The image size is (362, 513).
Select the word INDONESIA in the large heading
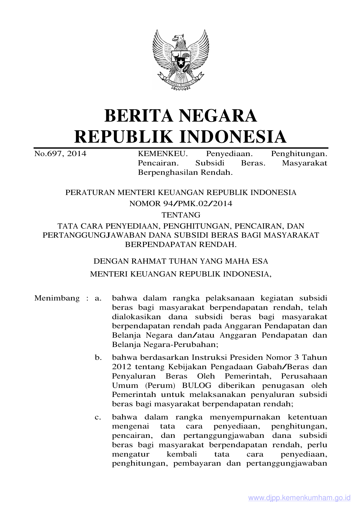click(x=233, y=137)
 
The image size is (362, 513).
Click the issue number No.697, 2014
click(x=60, y=154)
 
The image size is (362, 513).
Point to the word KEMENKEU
click(x=162, y=154)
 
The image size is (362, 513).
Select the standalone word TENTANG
click(x=181, y=215)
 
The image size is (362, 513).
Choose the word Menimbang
click(x=57, y=298)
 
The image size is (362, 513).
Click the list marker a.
click(x=98, y=298)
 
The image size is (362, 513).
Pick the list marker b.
click(x=98, y=357)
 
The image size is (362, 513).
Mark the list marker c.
click(x=98, y=417)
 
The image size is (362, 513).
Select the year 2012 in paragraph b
click(x=121, y=367)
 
